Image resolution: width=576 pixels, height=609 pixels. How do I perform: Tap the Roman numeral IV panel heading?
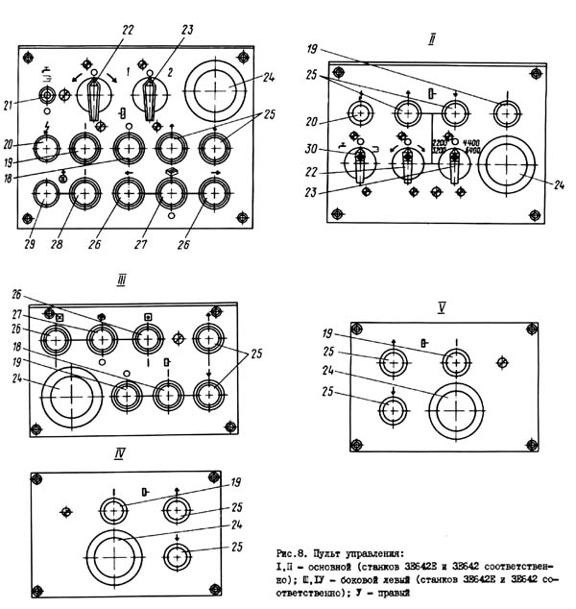(119, 452)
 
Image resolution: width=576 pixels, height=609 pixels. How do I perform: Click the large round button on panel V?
(454, 408)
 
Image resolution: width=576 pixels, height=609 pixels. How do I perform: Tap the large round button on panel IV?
(116, 554)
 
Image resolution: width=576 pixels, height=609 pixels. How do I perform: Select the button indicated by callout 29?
(46, 194)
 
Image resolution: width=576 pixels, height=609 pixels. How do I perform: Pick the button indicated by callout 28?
(84, 194)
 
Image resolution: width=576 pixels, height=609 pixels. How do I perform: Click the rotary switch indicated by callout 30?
(362, 164)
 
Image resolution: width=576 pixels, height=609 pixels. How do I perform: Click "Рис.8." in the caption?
(291, 553)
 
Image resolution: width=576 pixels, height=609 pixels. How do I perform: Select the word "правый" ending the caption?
(392, 592)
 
